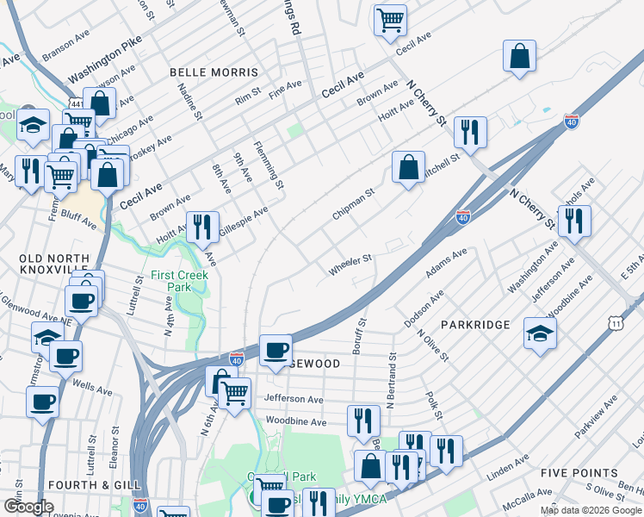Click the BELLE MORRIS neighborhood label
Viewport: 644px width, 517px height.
[x=214, y=72]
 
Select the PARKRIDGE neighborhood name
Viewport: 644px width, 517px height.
[x=475, y=324]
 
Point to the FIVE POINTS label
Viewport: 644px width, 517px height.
[x=579, y=473]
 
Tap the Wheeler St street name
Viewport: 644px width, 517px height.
[x=350, y=265]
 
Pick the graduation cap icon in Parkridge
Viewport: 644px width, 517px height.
[x=540, y=333]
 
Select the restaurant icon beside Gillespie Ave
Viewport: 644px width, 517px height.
[x=202, y=227]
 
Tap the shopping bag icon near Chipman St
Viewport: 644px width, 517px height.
[x=409, y=166]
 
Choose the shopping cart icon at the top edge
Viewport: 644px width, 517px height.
[x=390, y=18]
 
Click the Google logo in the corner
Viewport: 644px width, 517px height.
[x=28, y=507]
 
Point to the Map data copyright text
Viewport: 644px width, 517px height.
[x=591, y=510]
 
